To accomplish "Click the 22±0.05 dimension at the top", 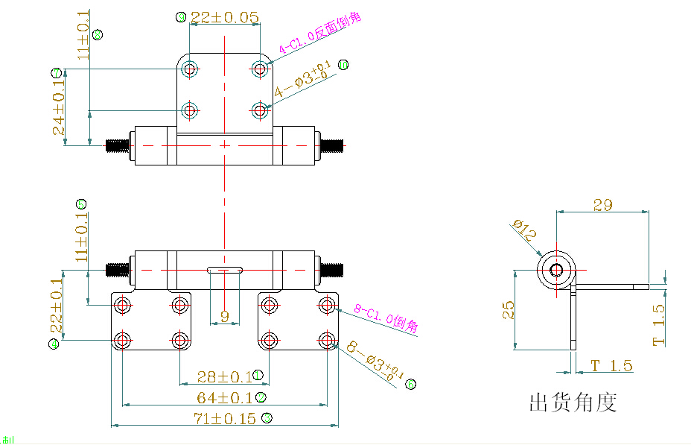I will [x=224, y=17].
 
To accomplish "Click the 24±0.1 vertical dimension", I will [x=59, y=107].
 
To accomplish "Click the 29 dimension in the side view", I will [x=603, y=204].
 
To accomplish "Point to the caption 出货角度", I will [x=573, y=403].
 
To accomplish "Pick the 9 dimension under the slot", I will [x=226, y=317].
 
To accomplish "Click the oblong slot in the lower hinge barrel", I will [x=225, y=269].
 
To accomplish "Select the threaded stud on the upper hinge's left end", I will [x=118, y=145].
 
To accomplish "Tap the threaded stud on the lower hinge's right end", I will [x=332, y=270].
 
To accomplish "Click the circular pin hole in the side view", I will [x=555, y=270].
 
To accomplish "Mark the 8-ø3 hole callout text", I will [x=375, y=363].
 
